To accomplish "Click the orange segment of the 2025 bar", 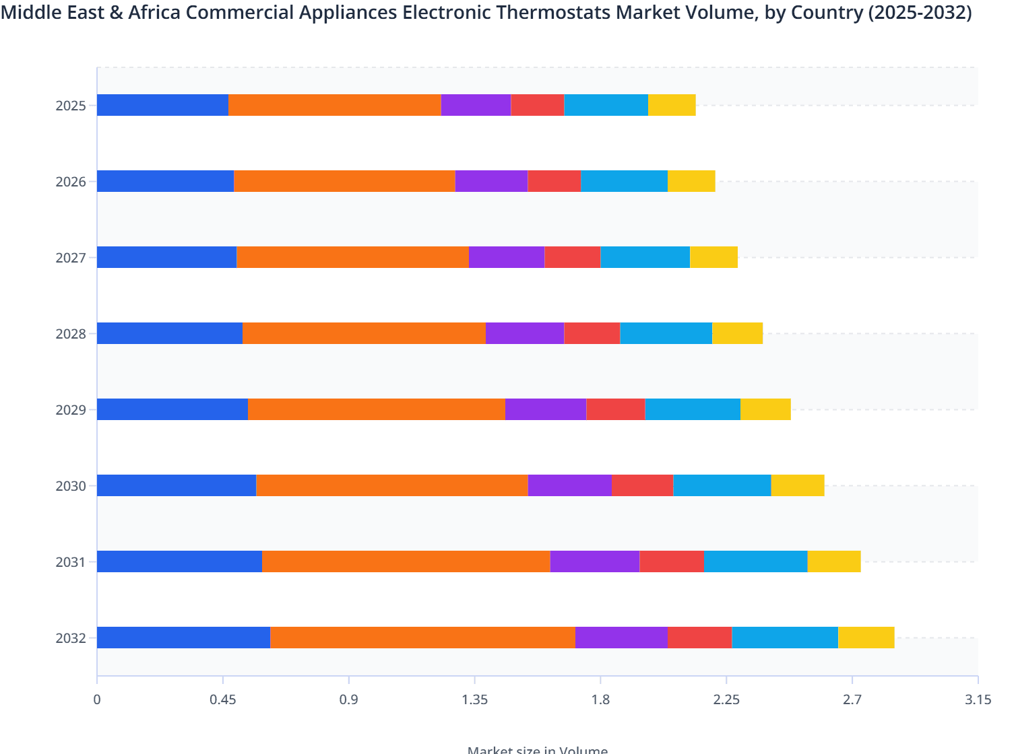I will click(x=335, y=105).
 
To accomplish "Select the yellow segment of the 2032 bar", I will click(x=866, y=638).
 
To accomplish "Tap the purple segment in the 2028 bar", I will click(x=525, y=333).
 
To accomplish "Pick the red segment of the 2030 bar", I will click(x=642, y=485).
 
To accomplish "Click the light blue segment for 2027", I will click(x=645, y=257).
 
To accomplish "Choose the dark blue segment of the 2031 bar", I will click(x=179, y=561).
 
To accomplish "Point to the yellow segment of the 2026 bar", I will click(x=691, y=181).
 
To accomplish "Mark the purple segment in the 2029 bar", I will click(x=545, y=409).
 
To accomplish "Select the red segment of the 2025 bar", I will click(x=537, y=105).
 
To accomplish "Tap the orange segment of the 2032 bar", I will click(x=422, y=638).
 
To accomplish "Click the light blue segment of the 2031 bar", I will click(x=755, y=561).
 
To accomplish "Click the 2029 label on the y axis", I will click(x=71, y=410).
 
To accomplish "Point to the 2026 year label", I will click(x=71, y=182).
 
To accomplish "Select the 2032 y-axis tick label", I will click(x=71, y=638).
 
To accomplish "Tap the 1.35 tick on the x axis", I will click(x=474, y=700).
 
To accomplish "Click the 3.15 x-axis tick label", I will click(x=978, y=700).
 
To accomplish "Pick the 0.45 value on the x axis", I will click(x=222, y=700).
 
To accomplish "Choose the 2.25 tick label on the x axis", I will click(x=726, y=700).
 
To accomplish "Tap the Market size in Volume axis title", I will click(x=537, y=749).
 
